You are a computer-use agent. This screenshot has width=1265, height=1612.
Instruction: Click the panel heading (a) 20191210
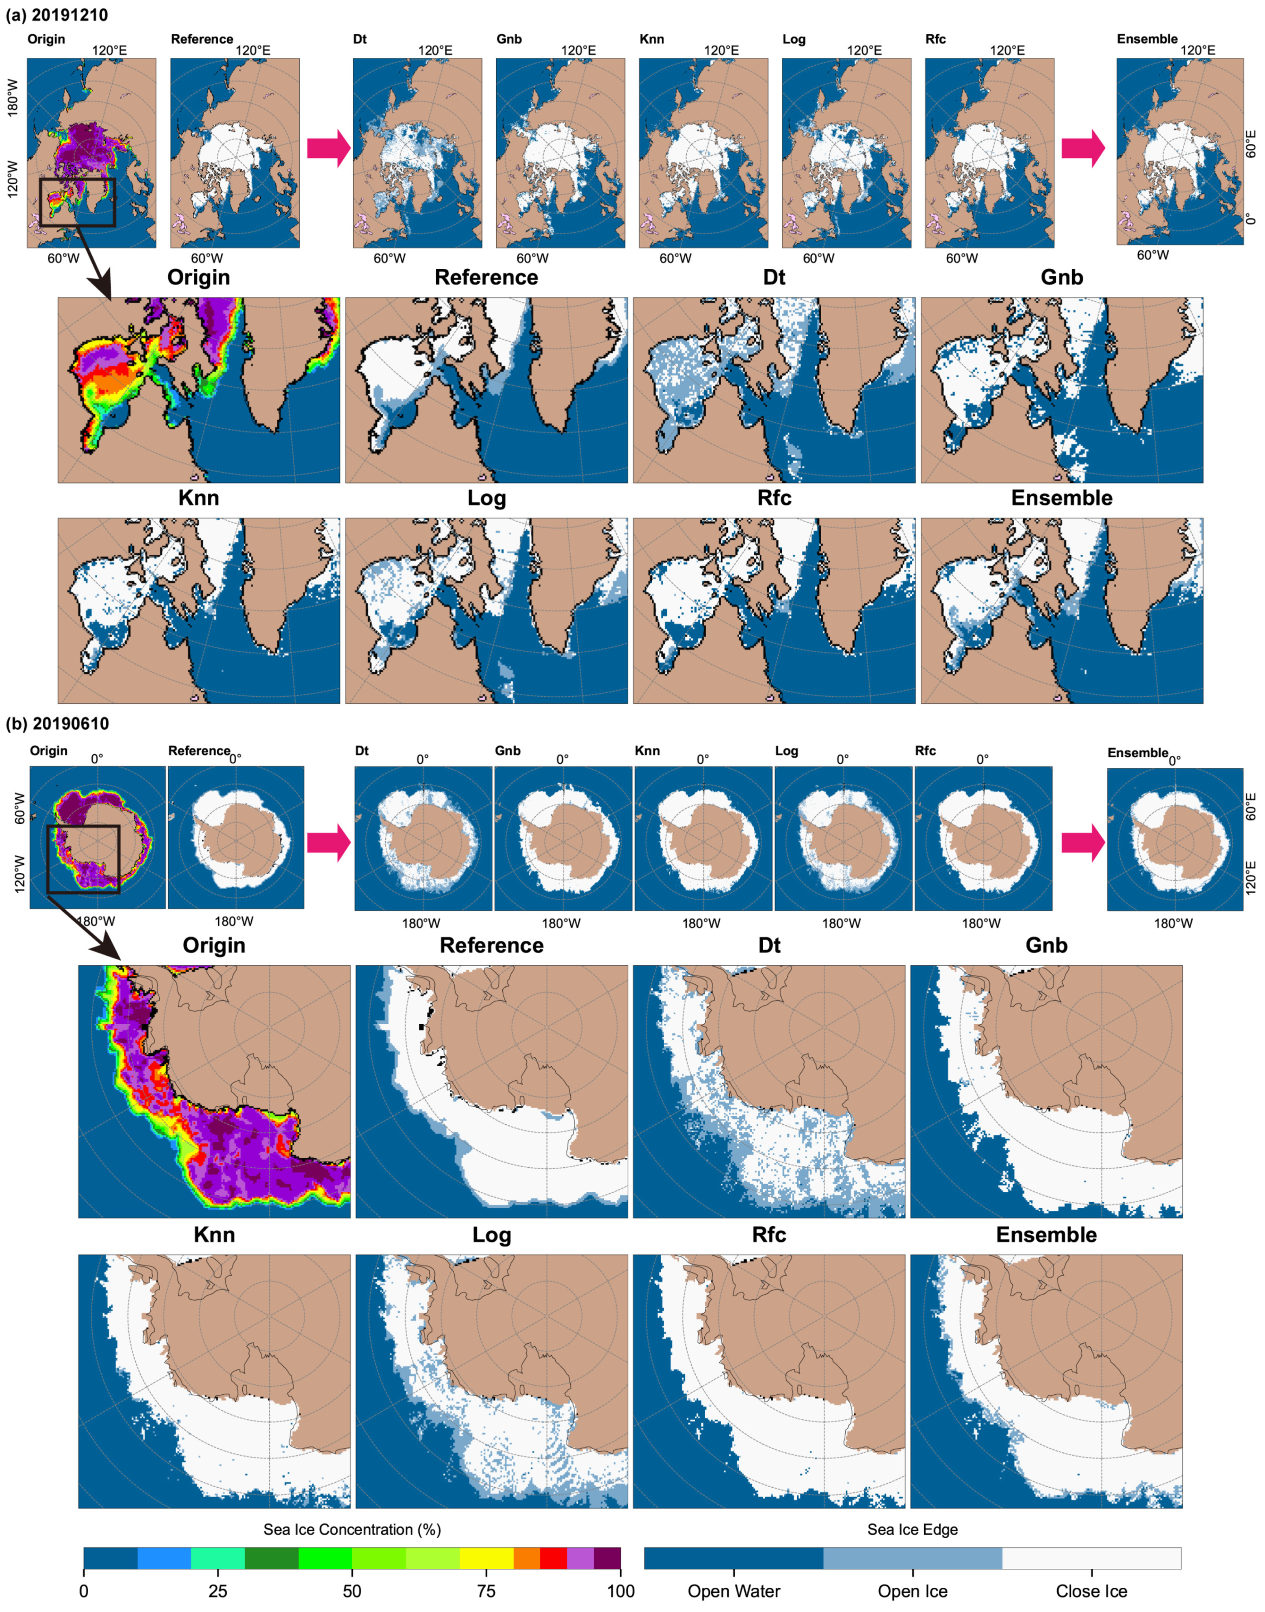pyautogui.click(x=57, y=15)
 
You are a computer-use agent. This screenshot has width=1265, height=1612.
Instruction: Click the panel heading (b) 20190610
pyautogui.click(x=57, y=723)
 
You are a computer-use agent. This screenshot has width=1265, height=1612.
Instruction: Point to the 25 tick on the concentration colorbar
pyautogui.click(x=218, y=1590)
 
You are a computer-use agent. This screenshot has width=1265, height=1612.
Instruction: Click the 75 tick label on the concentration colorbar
pyautogui.click(x=486, y=1590)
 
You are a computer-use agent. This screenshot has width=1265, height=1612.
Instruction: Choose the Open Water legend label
pyautogui.click(x=734, y=1591)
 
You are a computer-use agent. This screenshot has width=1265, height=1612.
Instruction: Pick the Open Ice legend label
pyautogui.click(x=912, y=1591)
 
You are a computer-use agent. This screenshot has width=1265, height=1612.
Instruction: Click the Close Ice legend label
pyautogui.click(x=1091, y=1591)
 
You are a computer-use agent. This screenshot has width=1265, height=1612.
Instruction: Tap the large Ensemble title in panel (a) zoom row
pyautogui.click(x=1062, y=498)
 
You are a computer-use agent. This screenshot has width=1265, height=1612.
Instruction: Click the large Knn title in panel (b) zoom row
pyautogui.click(x=214, y=1234)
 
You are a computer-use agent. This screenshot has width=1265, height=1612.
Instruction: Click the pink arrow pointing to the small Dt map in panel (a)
pyautogui.click(x=328, y=148)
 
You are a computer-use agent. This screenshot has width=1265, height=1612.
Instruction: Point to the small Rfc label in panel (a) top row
pyautogui.click(x=935, y=39)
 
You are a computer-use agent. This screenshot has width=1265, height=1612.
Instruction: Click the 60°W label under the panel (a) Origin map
pyautogui.click(x=63, y=259)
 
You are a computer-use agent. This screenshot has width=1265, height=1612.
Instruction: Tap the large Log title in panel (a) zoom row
pyautogui.click(x=486, y=498)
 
